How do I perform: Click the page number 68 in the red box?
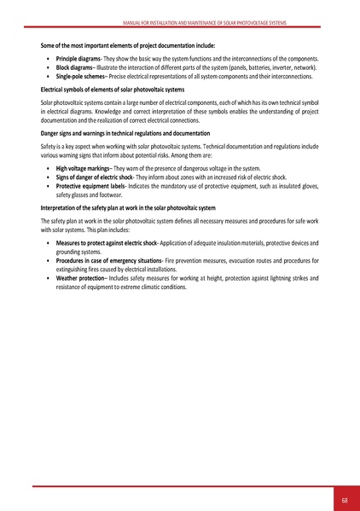(343, 499)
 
